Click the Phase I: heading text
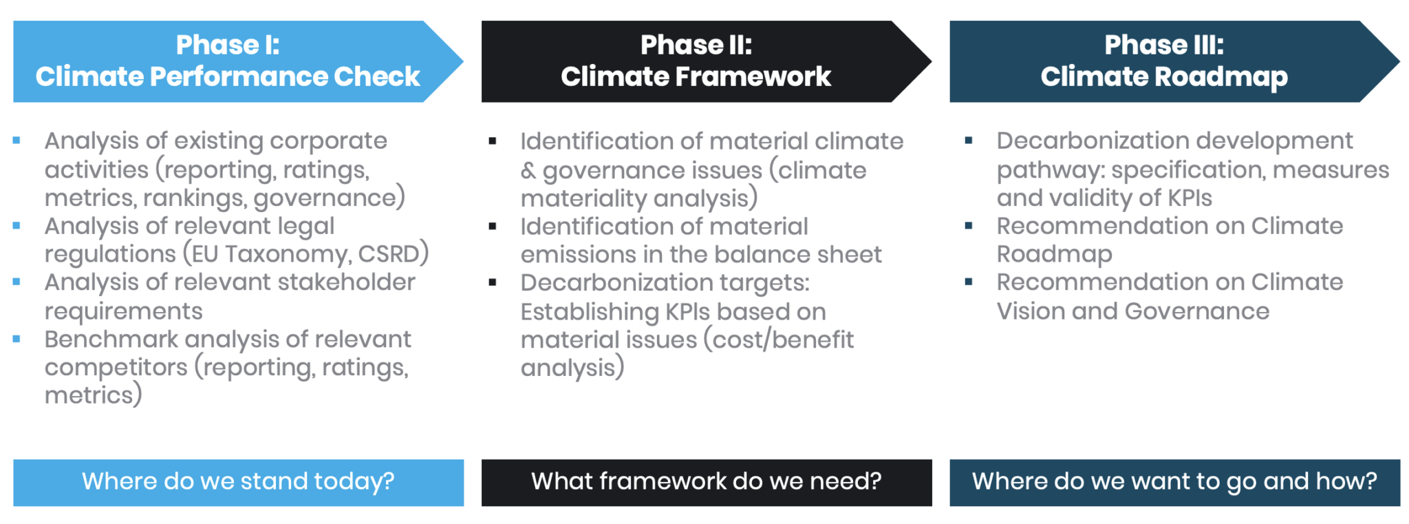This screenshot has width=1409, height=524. point(228,45)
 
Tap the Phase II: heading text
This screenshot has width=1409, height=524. point(696,45)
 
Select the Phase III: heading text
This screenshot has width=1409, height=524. point(1164,45)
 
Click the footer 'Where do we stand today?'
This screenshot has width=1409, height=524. point(238,481)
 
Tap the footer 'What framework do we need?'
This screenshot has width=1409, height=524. point(707,481)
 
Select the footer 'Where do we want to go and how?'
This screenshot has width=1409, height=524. point(1174,481)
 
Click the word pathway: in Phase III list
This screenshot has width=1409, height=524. point(1051,170)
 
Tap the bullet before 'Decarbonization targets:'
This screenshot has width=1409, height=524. point(493,282)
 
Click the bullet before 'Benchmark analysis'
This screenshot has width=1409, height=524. point(17,339)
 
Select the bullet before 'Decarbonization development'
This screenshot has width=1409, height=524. point(969,140)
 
